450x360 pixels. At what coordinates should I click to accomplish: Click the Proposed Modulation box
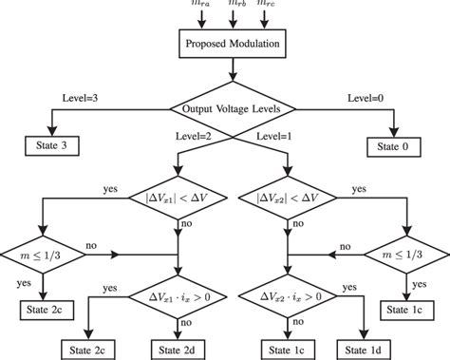[225, 43]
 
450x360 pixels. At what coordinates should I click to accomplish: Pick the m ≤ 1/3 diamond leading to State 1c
[411, 255]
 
